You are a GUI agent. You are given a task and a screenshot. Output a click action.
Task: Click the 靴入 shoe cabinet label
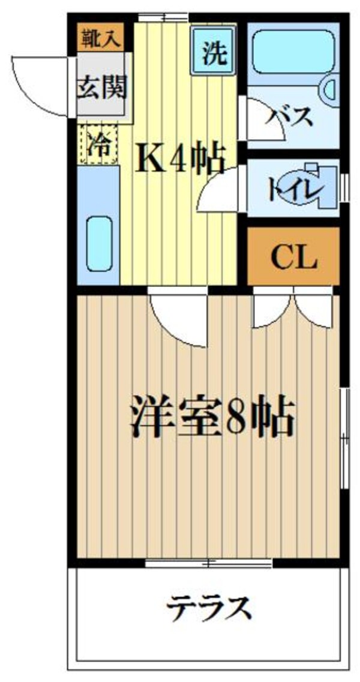pyautogui.click(x=100, y=38)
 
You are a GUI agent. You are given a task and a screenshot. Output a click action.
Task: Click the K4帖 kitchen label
pyautogui.click(x=178, y=160)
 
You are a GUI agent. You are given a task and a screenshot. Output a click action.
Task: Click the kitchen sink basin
pyautogui.click(x=100, y=244)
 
